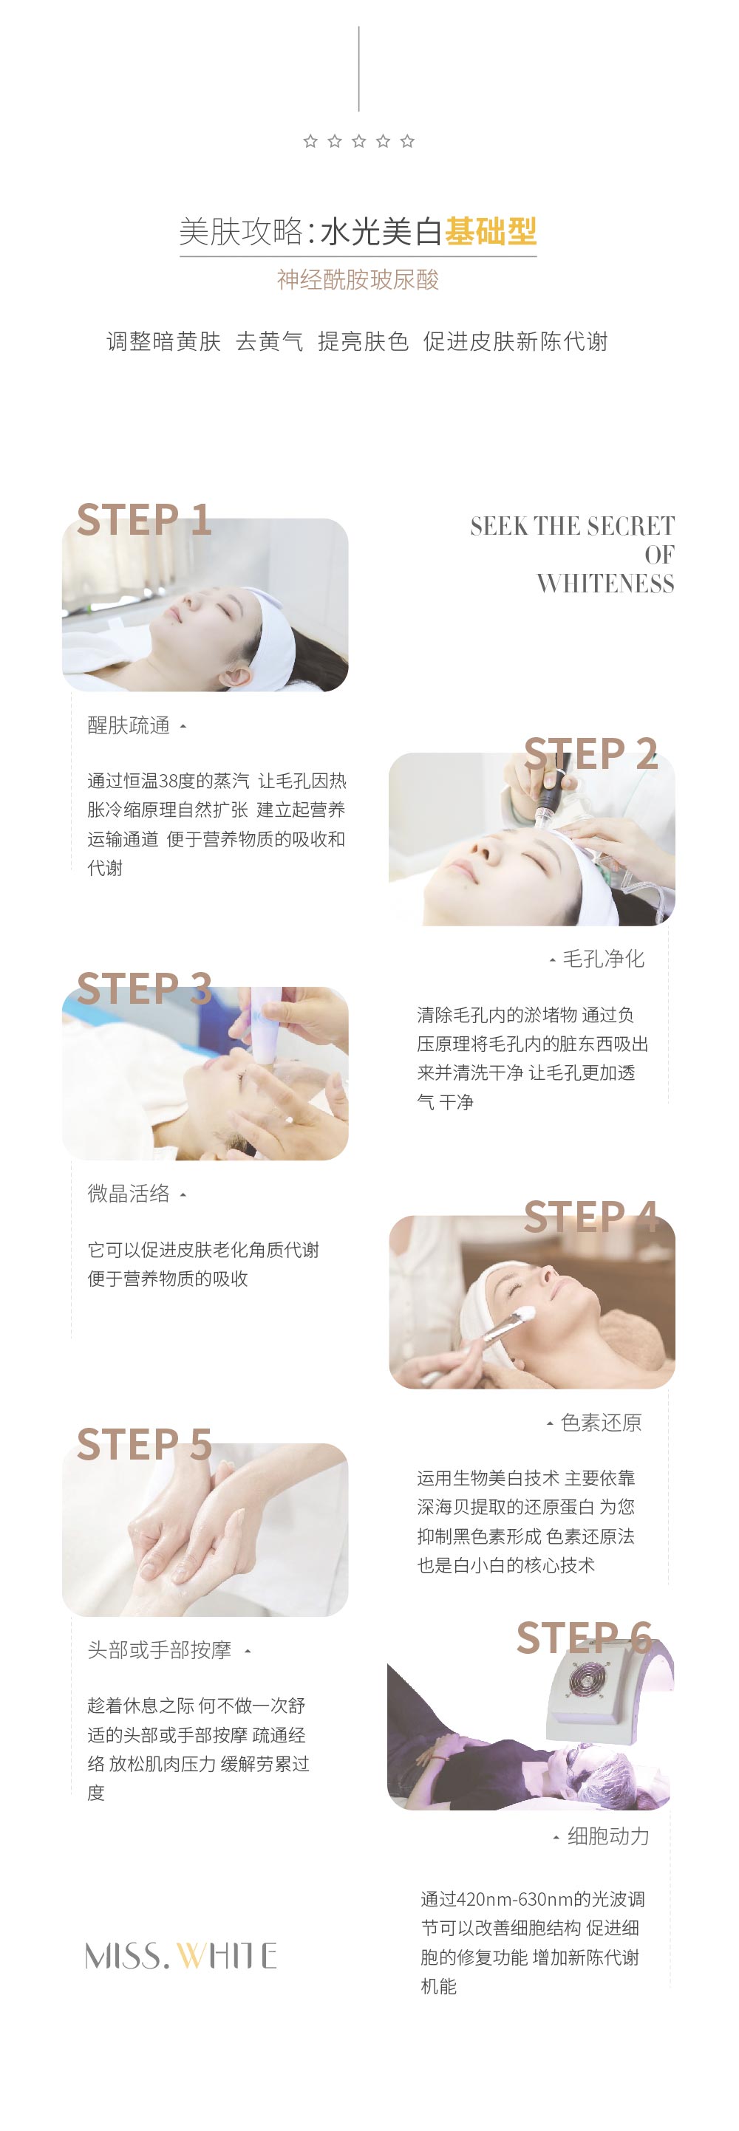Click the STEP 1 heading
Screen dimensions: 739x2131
[x=144, y=519]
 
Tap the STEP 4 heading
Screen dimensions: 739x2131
[x=591, y=1217]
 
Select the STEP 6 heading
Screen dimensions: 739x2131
[x=585, y=1638]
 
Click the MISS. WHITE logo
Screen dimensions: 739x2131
[x=181, y=1956]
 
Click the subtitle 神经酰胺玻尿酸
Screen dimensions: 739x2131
[x=358, y=280]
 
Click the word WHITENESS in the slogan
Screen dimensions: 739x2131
[x=605, y=584]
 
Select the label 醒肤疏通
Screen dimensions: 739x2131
[x=129, y=725]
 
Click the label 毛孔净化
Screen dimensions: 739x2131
[x=603, y=959]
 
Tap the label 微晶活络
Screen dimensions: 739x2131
[x=129, y=1193]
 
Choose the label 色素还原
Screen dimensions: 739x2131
[x=601, y=1422]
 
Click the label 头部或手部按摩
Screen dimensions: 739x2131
[x=160, y=1649]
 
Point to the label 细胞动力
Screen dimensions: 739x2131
[x=608, y=1836]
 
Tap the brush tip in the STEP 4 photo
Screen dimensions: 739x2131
[x=524, y=1313]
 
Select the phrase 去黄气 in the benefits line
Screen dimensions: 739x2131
[x=269, y=342]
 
